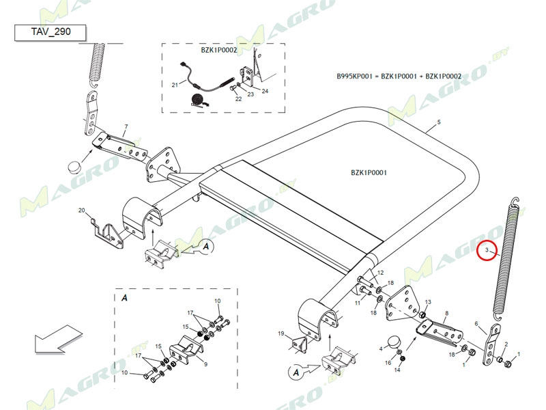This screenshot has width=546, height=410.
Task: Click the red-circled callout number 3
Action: coord(487,251)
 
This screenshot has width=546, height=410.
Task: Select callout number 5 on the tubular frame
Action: coord(439,122)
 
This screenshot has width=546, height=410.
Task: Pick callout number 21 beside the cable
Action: coord(174,85)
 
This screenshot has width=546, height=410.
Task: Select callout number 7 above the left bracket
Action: coord(126,127)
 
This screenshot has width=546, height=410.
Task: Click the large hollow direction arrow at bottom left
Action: coord(58,339)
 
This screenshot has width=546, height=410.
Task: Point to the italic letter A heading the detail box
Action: coord(124,299)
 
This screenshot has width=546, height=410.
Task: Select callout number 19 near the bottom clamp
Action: coord(280,333)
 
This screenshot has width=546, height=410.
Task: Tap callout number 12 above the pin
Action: coord(381,273)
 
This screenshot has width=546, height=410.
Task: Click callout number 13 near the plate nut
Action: coord(428,302)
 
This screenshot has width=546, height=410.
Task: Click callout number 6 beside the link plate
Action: coord(476,324)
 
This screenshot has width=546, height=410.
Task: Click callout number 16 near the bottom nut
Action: coord(388,362)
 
